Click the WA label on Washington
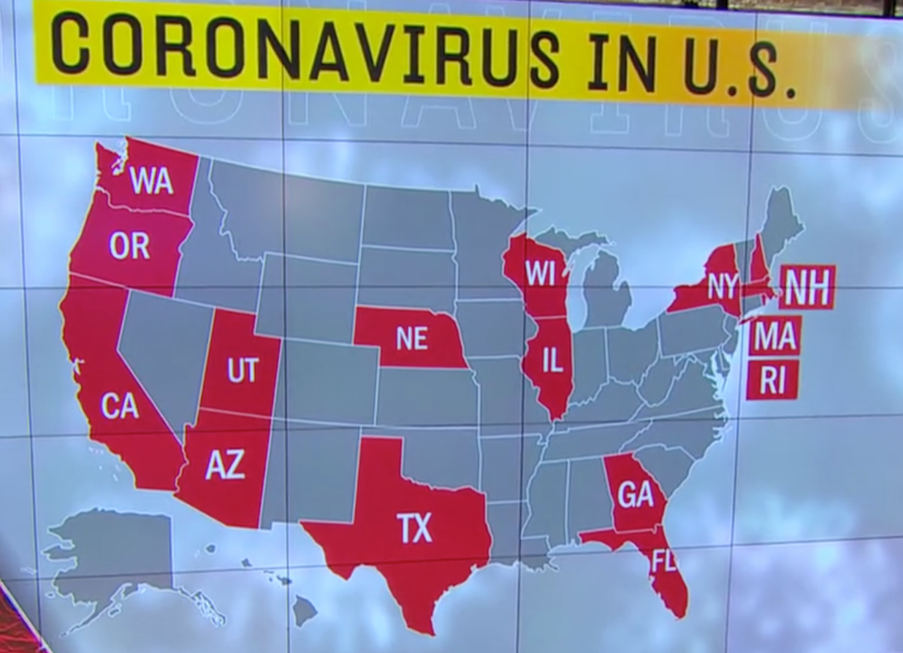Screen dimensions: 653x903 [152, 181]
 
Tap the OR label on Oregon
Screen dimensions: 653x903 [129, 247]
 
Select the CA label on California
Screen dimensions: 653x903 [120, 406]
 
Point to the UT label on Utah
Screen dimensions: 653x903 [242, 371]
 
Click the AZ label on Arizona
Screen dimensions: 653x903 [225, 465]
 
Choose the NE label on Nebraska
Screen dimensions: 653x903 [412, 339]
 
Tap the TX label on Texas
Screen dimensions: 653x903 [415, 528]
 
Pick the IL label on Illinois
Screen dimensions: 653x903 [553, 361]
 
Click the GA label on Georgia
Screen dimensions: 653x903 [635, 494]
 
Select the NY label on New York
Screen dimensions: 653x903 [723, 287]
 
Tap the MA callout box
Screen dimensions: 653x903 [774, 336]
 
